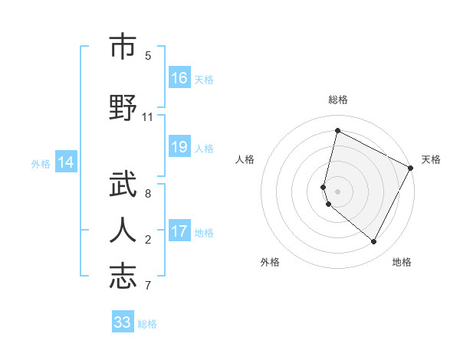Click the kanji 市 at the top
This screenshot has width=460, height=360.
click(x=122, y=47)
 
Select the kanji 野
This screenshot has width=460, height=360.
click(x=122, y=107)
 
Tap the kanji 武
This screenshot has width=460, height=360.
click(x=122, y=184)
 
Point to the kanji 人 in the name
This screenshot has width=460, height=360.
click(x=122, y=230)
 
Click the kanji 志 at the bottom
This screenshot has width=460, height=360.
click(x=122, y=277)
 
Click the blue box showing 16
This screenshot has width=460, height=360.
click(x=179, y=78)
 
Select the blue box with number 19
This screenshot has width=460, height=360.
click(x=179, y=147)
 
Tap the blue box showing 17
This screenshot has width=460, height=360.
click(x=179, y=231)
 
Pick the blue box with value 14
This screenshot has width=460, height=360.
click(x=66, y=162)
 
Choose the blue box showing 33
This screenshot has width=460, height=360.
click(x=123, y=322)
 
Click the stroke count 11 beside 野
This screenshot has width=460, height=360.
click(x=148, y=117)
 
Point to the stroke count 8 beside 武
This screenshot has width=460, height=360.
click(x=148, y=194)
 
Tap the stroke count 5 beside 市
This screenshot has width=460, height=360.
click(x=148, y=56)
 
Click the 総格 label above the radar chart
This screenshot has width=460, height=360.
click(x=337, y=100)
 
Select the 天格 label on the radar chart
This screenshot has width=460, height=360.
click(x=431, y=159)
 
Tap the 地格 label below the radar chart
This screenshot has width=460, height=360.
click(x=402, y=262)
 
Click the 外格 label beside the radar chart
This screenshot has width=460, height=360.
click(x=270, y=262)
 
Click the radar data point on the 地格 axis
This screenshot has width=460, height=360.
click(x=373, y=242)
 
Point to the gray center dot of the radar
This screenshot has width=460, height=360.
click(x=337, y=191)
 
